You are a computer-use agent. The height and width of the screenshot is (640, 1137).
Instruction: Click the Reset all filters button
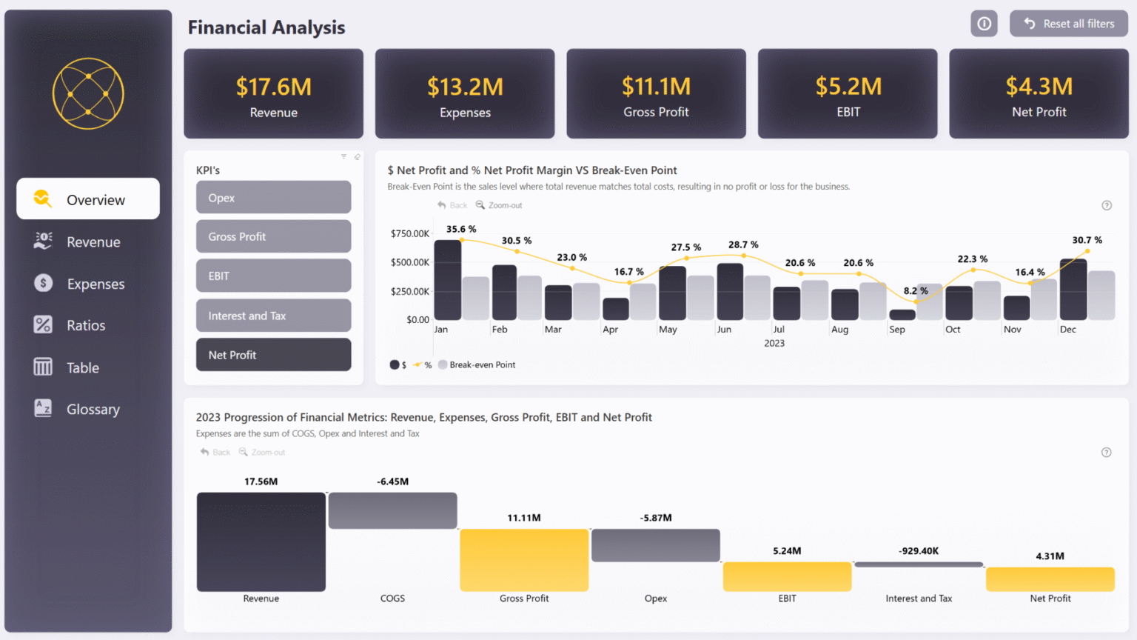pyautogui.click(x=1068, y=24)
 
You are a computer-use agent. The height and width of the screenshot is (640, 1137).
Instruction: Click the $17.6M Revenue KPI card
pyautogui.click(x=273, y=94)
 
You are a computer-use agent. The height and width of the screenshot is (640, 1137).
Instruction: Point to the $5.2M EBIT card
pyautogui.click(x=848, y=94)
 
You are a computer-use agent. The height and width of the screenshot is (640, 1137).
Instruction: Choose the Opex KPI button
pyautogui.click(x=273, y=198)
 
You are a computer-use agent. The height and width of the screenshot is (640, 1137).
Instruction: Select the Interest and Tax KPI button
pyautogui.click(x=273, y=316)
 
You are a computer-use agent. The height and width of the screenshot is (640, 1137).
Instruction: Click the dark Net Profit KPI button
pyautogui.click(x=273, y=355)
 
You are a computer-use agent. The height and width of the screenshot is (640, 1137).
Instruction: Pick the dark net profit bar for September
pyautogui.click(x=902, y=315)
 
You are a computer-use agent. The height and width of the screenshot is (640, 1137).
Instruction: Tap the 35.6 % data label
pyautogui.click(x=461, y=229)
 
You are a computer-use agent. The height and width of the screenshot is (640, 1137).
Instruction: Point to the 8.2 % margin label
pyautogui.click(x=916, y=290)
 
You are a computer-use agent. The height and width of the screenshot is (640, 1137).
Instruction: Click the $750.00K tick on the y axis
pyautogui.click(x=410, y=234)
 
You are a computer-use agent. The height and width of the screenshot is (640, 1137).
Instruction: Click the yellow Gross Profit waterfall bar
pyautogui.click(x=524, y=560)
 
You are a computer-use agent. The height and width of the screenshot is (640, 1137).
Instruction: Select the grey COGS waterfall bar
pyautogui.click(x=392, y=510)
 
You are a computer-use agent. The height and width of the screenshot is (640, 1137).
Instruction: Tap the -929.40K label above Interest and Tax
pyautogui.click(x=919, y=551)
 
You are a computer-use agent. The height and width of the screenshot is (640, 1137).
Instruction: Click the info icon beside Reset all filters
pyautogui.click(x=984, y=24)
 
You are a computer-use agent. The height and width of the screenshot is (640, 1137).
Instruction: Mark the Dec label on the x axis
pyautogui.click(x=1067, y=330)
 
